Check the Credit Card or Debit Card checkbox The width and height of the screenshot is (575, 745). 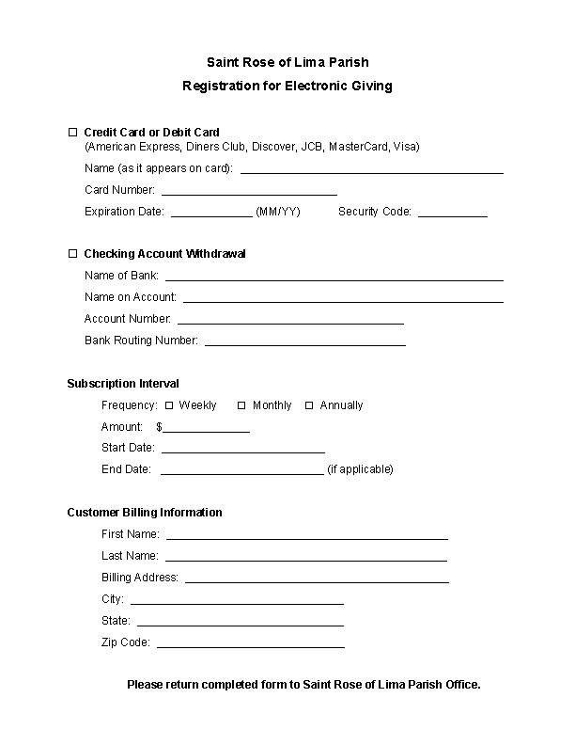(x=72, y=132)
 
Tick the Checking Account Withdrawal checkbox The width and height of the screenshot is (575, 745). (x=72, y=254)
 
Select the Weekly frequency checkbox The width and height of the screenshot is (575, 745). (x=169, y=405)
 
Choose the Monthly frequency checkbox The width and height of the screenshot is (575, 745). (x=241, y=405)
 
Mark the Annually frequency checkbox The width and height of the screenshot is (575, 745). (x=309, y=405)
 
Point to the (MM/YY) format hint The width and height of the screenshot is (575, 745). (x=278, y=212)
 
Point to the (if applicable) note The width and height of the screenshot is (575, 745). (x=360, y=468)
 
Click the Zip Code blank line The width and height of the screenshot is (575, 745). (x=250, y=645)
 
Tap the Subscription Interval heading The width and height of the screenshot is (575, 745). (x=123, y=384)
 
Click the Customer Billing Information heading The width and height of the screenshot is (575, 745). (x=145, y=513)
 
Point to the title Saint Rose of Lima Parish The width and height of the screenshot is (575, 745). (x=287, y=62)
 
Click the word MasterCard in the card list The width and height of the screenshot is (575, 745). (x=358, y=147)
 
